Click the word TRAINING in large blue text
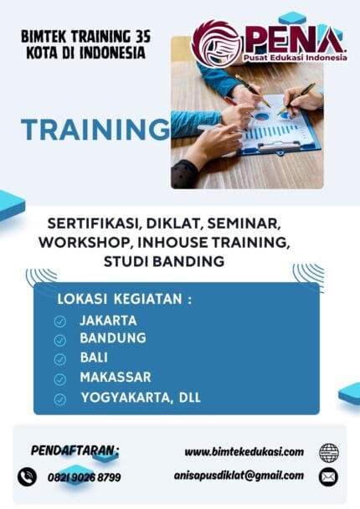94,130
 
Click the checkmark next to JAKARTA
60,321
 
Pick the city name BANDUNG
113,338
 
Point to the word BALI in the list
95,357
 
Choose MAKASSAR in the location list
116,377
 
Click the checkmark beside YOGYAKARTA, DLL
60,398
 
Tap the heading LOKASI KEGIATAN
124,299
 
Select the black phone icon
28,476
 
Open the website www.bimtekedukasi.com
244,452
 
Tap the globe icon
329,453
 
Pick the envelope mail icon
329,477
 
